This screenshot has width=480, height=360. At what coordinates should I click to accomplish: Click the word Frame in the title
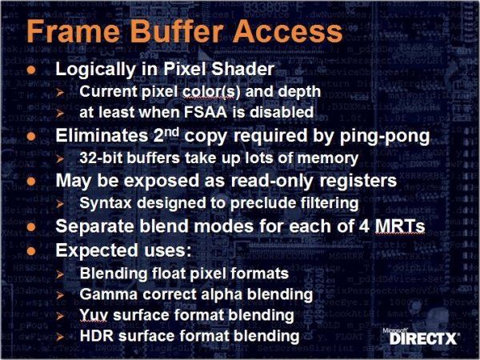click(x=74, y=31)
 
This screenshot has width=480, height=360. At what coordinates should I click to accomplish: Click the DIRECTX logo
click(x=422, y=337)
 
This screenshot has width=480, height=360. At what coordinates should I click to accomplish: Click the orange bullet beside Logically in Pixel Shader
click(x=31, y=70)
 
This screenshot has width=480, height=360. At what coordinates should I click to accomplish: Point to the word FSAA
click(x=206, y=112)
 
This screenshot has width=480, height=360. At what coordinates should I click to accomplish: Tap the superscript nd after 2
click(x=171, y=133)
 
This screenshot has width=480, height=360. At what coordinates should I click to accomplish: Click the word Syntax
click(x=106, y=203)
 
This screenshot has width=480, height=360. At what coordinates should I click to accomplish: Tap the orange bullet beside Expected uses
click(x=31, y=252)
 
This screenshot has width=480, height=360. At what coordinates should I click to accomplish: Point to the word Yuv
click(x=94, y=315)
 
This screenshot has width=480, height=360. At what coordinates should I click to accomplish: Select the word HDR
click(x=97, y=336)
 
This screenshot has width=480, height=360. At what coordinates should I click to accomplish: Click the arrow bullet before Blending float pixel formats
click(x=60, y=274)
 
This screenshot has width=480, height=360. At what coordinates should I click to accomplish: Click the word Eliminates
click(x=102, y=135)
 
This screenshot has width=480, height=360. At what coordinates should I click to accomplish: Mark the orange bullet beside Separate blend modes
click(x=31, y=227)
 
